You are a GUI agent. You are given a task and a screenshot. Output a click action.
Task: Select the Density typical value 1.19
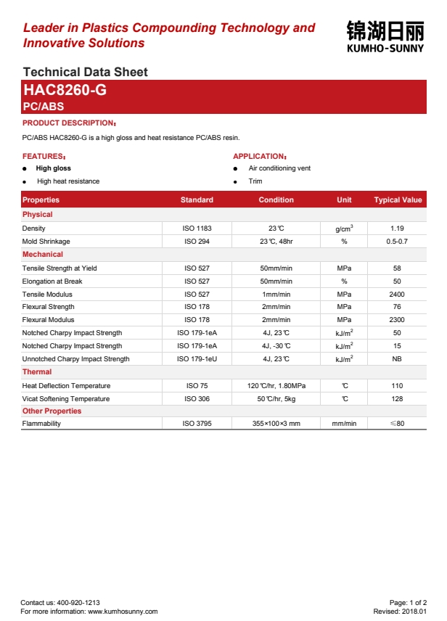(x=397, y=229)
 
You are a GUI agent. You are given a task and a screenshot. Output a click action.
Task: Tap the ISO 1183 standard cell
(x=197, y=229)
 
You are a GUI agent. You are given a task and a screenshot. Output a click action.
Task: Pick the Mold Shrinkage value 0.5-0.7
(x=397, y=242)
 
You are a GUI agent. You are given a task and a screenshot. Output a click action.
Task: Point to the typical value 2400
(x=397, y=295)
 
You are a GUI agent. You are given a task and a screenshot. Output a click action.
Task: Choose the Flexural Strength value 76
(x=397, y=307)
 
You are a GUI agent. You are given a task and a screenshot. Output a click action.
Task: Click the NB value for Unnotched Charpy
(x=397, y=359)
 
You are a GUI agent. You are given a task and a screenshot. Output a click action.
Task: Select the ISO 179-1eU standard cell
(x=197, y=359)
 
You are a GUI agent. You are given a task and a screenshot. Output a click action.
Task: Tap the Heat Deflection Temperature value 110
(x=397, y=386)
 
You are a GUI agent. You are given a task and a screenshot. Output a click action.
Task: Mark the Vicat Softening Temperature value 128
(x=397, y=399)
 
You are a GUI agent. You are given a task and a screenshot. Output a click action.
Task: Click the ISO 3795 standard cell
(x=197, y=424)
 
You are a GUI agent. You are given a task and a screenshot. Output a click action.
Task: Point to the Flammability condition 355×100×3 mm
(x=276, y=424)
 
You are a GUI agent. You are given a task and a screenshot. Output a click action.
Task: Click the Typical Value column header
(x=398, y=200)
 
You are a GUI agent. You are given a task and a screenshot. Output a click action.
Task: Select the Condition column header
(x=276, y=200)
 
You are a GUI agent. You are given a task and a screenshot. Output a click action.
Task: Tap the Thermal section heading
(x=37, y=372)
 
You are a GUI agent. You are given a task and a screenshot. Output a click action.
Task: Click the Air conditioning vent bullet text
(x=279, y=168)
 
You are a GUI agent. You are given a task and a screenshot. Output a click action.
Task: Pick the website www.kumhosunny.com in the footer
(x=123, y=612)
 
